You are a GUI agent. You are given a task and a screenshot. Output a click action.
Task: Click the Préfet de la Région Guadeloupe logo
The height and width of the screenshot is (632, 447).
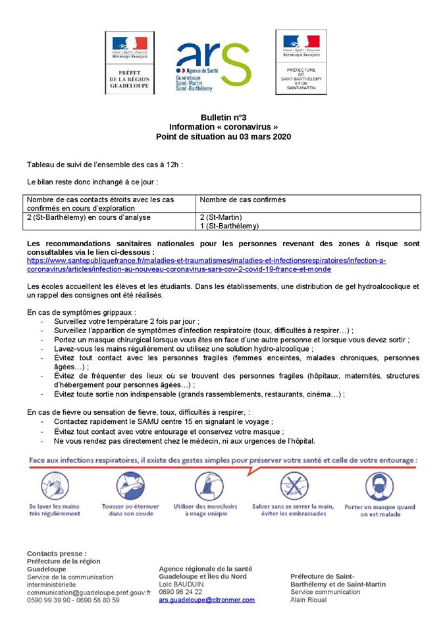tap(130, 63)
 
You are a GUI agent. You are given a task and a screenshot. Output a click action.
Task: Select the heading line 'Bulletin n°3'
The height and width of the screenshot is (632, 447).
tap(223, 117)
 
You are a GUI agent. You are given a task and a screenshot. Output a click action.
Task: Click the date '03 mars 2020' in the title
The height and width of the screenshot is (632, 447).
tap(263, 136)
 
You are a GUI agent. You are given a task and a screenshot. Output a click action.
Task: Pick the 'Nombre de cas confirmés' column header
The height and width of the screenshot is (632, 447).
tap(242, 199)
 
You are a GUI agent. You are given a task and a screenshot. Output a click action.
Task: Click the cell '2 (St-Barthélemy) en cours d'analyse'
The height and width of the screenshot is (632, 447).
tap(89, 217)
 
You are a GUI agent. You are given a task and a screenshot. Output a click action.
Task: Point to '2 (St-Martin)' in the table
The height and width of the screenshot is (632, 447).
tap(221, 217)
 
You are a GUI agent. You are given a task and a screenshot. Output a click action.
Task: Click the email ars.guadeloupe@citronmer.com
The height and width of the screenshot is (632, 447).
tap(207, 600)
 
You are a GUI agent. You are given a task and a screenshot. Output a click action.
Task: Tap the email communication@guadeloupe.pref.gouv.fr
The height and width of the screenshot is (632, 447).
tap(88, 592)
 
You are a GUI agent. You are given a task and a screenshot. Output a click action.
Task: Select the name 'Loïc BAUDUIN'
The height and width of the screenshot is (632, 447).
tap(181, 584)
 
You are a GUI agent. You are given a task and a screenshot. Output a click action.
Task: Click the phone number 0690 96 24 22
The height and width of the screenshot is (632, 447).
tap(180, 592)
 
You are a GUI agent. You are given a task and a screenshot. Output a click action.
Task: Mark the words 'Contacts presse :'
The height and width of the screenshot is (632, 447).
tap(57, 553)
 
